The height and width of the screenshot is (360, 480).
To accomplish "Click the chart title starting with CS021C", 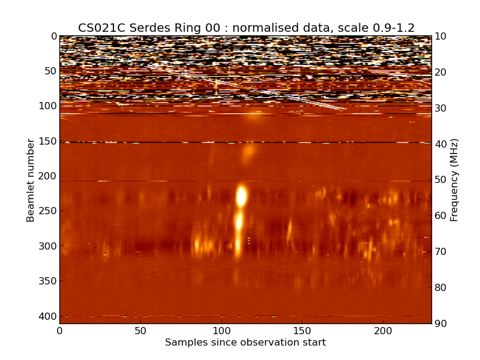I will pyautogui.click(x=246, y=28).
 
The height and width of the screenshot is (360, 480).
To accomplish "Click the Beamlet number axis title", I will pyautogui.click(x=31, y=180).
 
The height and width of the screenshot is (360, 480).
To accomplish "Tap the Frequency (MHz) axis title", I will pyautogui.click(x=454, y=180).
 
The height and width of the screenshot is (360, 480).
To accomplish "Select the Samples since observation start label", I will pyautogui.click(x=245, y=343).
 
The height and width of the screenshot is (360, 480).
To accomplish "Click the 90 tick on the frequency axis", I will pyautogui.click(x=441, y=324).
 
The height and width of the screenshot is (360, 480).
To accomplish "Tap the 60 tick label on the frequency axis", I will pyautogui.click(x=441, y=216).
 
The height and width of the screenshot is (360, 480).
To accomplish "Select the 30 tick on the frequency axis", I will pyautogui.click(x=441, y=108).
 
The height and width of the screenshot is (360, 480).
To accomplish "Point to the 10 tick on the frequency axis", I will pyautogui.click(x=441, y=36).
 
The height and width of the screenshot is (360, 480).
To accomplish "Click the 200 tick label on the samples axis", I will pyautogui.click(x=383, y=331).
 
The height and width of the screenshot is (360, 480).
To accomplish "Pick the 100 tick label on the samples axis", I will pyautogui.click(x=221, y=331).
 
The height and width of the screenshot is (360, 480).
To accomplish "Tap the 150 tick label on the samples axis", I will pyautogui.click(x=302, y=331).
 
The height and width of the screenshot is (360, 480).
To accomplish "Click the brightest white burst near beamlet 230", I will pyautogui.click(x=241, y=196).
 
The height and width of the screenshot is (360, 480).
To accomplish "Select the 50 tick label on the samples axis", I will pyautogui.click(x=140, y=331).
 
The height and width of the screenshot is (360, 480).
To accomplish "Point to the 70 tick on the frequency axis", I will pyautogui.click(x=441, y=252).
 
